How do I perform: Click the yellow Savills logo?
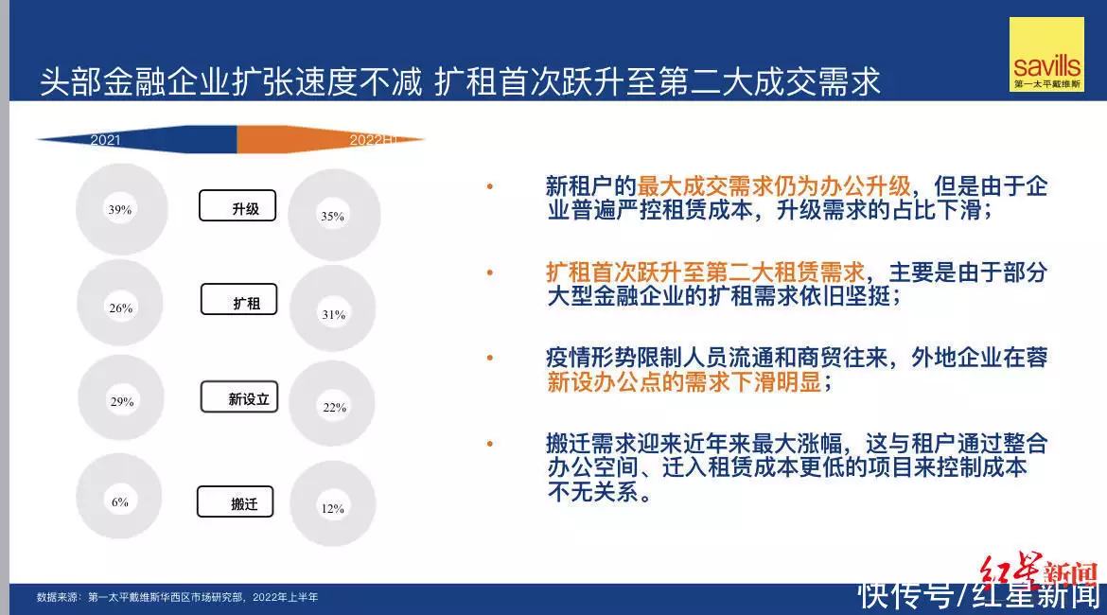pos(1046,54)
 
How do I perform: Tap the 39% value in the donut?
pos(120,210)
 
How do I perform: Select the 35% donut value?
pos(332,216)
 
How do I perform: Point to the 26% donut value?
pos(121,307)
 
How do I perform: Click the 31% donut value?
pos(334,314)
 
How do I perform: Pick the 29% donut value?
pos(122,402)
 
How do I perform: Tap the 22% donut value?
pos(335,408)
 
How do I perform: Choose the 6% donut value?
pos(120,502)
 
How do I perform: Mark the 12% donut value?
pos(332,508)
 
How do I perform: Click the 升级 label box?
pos(237,205)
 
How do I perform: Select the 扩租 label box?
pos(238,299)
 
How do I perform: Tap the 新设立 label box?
pos(239,396)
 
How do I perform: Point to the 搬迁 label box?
pos(235,502)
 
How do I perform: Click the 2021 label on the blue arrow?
pos(105,140)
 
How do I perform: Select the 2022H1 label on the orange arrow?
pos(374,140)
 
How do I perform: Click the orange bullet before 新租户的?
pos(490,186)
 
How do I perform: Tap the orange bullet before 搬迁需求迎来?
pos(490,444)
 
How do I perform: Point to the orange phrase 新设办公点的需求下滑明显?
pos(683,382)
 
